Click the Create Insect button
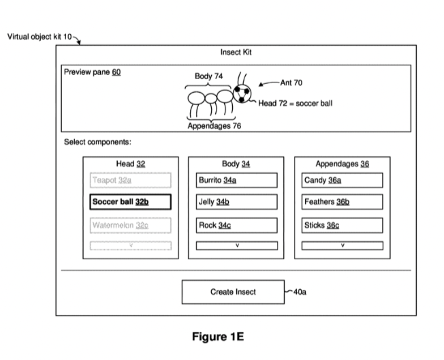(x=233, y=292)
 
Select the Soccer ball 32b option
(x=130, y=202)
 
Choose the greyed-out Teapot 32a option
(x=130, y=180)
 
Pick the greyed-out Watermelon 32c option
(x=130, y=225)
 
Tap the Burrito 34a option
(x=236, y=180)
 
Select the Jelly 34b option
(x=236, y=202)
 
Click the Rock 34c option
(x=236, y=225)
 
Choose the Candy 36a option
(x=342, y=180)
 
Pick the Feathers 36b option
(x=342, y=202)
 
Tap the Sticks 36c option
(x=342, y=225)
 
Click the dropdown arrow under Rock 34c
(x=236, y=246)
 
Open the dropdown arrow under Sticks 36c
(x=342, y=246)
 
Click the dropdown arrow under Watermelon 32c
(x=130, y=246)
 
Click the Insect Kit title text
(x=236, y=52)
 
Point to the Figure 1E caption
(x=218, y=337)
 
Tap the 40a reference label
(x=299, y=292)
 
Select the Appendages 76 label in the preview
(x=214, y=126)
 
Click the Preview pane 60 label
(x=92, y=72)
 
